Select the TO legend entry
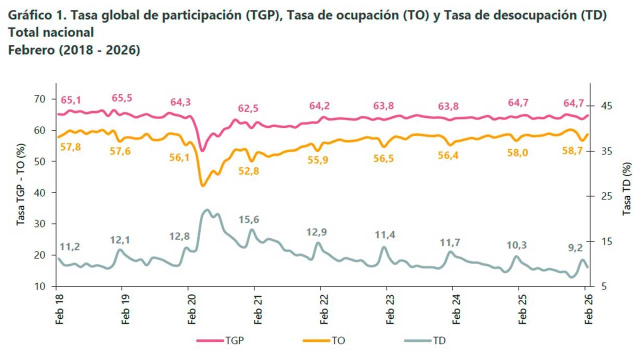pyautogui.click(x=338, y=341)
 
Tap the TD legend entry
pyautogui.click(x=438, y=341)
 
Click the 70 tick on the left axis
pyautogui.click(x=40, y=99)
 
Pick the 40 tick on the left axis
pyautogui.click(x=40, y=192)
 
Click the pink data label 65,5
pyautogui.click(x=122, y=98)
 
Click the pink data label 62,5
pyautogui.click(x=248, y=108)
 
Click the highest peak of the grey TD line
pyautogui.click(x=207, y=210)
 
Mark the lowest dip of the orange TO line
pyautogui.click(x=202, y=186)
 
